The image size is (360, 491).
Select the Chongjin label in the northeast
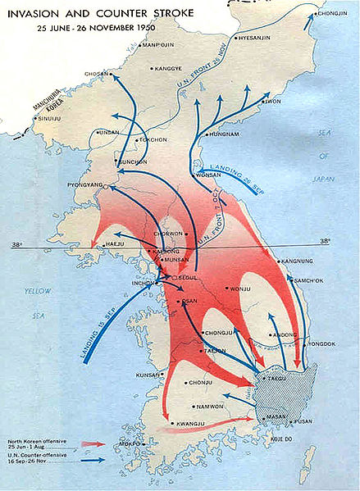coord(333,12)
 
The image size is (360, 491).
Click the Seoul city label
coord(192,275)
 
